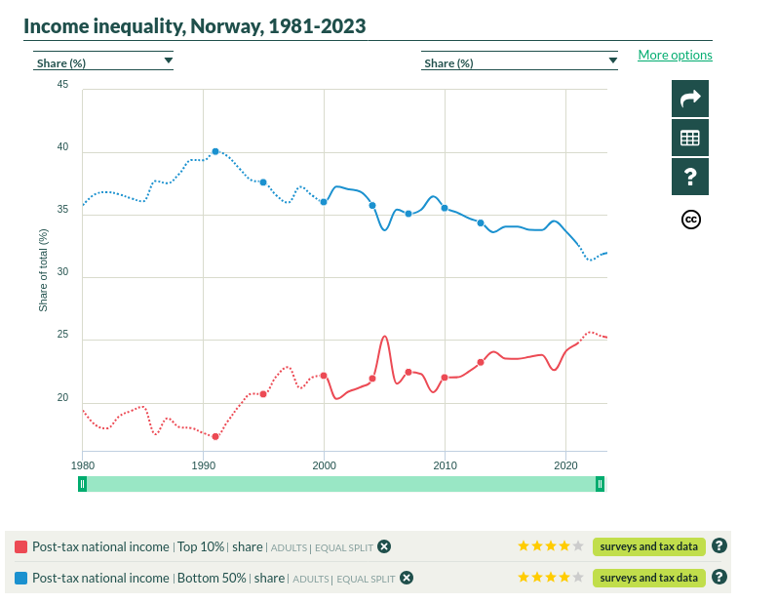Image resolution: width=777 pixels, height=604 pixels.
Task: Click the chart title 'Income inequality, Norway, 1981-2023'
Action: tap(195, 25)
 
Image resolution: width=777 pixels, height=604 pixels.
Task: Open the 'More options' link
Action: tap(675, 55)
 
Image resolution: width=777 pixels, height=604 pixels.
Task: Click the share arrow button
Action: tap(690, 99)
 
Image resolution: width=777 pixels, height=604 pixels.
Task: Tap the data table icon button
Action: tap(690, 138)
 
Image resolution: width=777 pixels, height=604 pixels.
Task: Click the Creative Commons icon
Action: tap(690, 219)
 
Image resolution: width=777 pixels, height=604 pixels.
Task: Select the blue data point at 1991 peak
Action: tap(215, 151)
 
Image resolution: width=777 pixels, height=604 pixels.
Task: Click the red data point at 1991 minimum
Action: tap(215, 436)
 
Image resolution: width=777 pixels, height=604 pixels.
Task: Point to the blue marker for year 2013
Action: tap(481, 223)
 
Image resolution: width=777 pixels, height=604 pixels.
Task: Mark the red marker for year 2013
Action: tap(481, 362)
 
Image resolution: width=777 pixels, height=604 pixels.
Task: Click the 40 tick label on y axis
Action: tap(62, 147)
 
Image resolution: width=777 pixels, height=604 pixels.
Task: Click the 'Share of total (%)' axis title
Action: tap(43, 270)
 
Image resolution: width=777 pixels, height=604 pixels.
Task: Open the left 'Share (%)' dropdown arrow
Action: tap(168, 60)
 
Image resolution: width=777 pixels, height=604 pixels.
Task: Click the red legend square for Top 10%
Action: tap(21, 546)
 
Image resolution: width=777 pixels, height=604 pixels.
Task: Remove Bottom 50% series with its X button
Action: tap(407, 578)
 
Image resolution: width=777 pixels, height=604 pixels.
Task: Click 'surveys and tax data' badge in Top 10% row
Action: tap(648, 546)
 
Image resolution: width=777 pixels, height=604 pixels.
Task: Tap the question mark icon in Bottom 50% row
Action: tap(719, 578)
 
